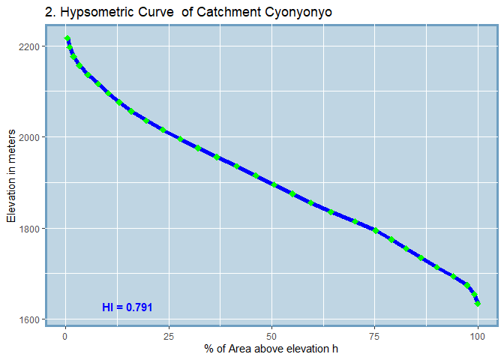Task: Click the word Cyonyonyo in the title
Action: tap(297, 13)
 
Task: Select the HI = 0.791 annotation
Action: tap(127, 307)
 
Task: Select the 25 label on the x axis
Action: tap(169, 335)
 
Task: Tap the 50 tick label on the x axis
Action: tap(271, 335)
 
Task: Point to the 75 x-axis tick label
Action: tap(375, 335)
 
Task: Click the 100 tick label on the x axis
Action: tap(478, 335)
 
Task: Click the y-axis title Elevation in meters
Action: tap(11, 183)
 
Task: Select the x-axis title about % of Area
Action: tap(271, 349)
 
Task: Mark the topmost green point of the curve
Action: tap(67, 38)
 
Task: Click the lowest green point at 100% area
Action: tap(478, 304)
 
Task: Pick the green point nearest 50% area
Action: tap(274, 184)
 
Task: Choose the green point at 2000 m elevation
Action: tap(180, 139)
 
